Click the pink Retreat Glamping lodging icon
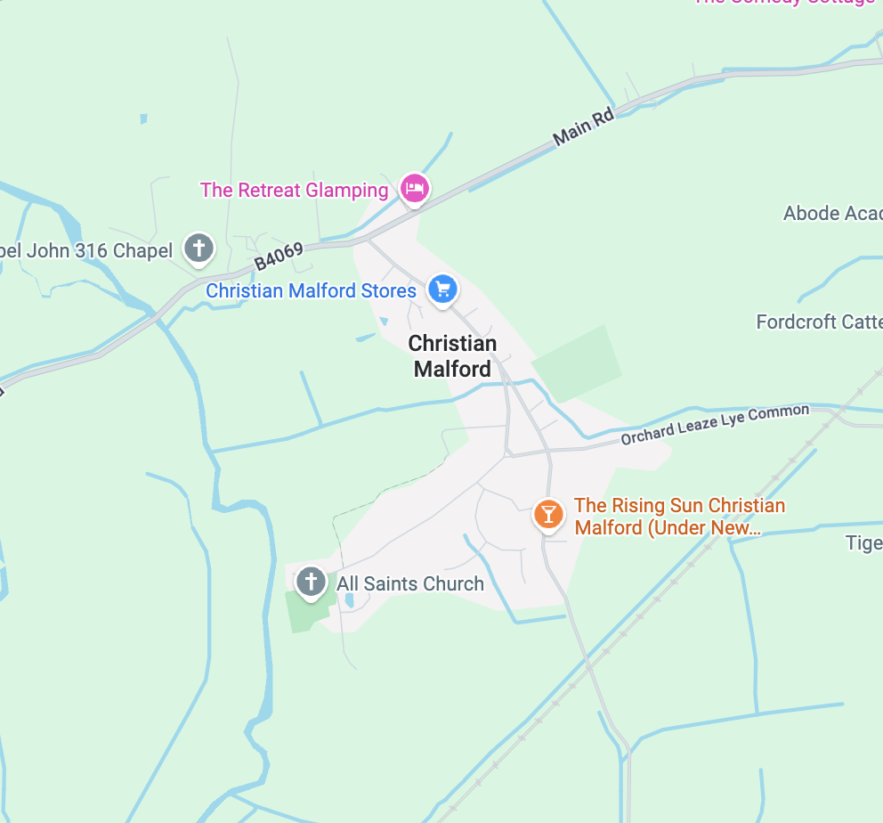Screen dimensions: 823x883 coord(414,188)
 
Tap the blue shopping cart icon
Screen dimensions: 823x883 coord(442,289)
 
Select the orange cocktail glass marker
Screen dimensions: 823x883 coord(548,513)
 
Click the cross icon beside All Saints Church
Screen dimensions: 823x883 coord(311,582)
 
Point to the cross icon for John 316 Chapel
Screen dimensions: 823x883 coord(198,247)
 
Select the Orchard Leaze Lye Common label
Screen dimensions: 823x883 coord(715,424)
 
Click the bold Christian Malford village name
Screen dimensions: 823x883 coord(452,355)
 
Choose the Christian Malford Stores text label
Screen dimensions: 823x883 coord(312,291)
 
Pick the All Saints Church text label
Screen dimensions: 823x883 coord(410,584)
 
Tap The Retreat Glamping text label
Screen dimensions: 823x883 coord(295,190)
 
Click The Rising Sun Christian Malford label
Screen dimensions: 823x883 coord(679,517)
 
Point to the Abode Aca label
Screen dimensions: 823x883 coord(832,214)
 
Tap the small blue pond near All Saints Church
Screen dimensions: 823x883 coord(349,601)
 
